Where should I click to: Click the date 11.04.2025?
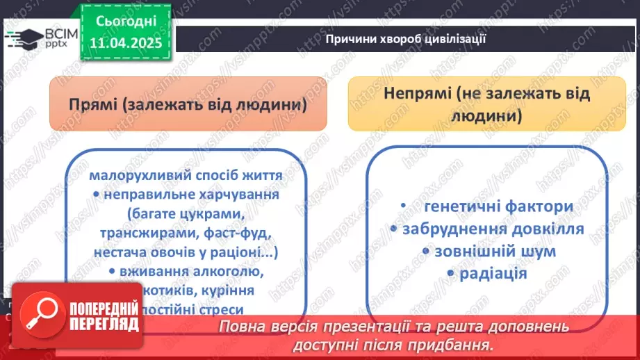click(x=124, y=42)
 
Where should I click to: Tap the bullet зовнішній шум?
click(x=486, y=251)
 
